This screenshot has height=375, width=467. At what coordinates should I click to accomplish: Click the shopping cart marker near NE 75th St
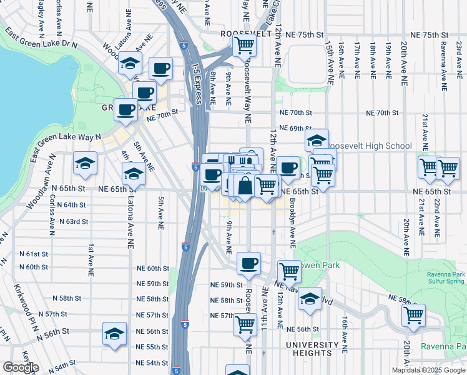pyautogui.click(x=245, y=46)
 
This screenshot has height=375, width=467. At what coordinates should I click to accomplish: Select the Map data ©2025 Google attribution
pyautogui.click(x=428, y=370)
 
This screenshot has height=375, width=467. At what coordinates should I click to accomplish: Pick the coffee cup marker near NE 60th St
pyautogui.click(x=249, y=263)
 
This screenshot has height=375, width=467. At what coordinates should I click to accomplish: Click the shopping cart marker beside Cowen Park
pyautogui.click(x=289, y=271)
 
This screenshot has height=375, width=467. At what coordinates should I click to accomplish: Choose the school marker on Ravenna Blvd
pyautogui.click(x=310, y=299)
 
